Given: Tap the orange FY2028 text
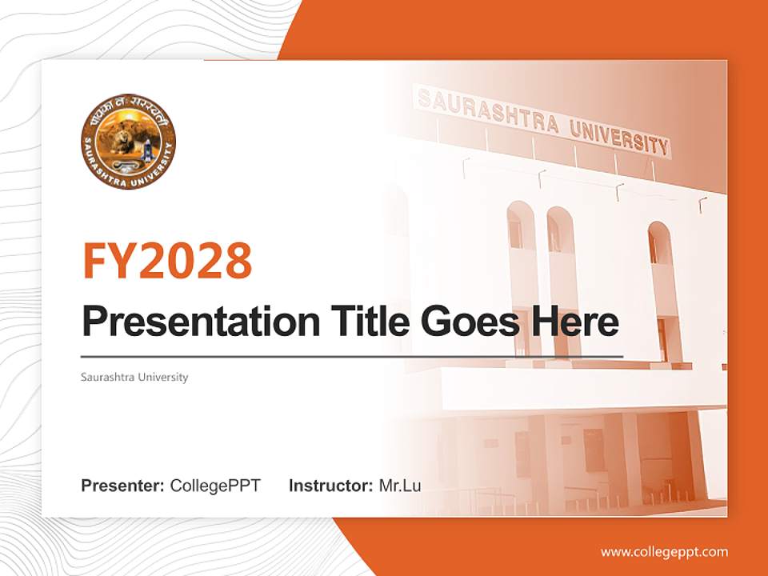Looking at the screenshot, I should tap(166, 259).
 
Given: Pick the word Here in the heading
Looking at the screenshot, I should tap(576, 322).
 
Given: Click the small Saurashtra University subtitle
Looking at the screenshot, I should tap(134, 377).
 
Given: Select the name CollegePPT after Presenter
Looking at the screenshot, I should tap(215, 486).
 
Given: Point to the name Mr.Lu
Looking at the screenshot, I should tap(400, 486).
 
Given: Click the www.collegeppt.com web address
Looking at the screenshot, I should tap(664, 552).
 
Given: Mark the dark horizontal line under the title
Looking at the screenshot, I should tap(352, 356).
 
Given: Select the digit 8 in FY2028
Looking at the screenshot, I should tap(238, 259).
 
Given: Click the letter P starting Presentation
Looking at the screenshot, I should tap(94, 322).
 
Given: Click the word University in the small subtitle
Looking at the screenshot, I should tap(163, 377).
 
